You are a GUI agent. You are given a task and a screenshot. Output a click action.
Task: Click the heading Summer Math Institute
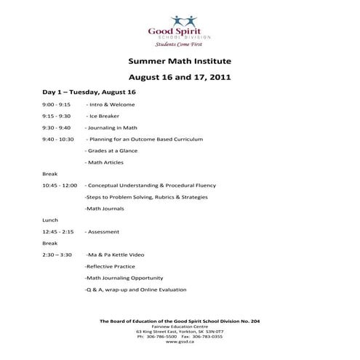point(180,63)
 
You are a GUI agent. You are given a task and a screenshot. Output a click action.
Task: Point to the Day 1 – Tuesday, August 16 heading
point(89,92)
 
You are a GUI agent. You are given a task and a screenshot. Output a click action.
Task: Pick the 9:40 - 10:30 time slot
point(58,138)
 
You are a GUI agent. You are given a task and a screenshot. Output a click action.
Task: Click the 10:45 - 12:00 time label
point(60,185)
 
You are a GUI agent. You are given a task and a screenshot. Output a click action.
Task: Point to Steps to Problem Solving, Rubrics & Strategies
point(146,197)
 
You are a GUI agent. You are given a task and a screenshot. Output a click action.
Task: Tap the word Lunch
point(50,220)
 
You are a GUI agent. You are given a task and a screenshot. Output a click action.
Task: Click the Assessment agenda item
point(103,231)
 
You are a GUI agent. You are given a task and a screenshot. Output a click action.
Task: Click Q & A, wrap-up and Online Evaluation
point(135,290)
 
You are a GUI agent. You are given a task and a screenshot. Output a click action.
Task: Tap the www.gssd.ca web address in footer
point(180,342)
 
